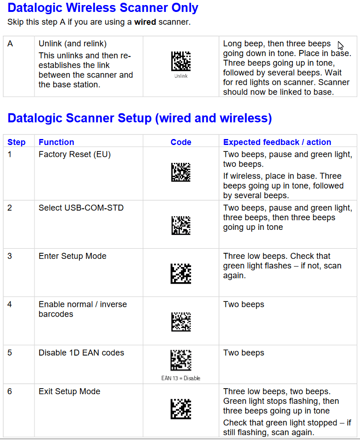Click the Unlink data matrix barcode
181,61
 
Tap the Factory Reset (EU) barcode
181,173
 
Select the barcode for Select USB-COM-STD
181,225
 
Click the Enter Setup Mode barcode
181,274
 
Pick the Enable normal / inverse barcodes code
181,322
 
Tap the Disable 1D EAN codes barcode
181,361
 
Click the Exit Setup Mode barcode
181,409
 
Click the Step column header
17,142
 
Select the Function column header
56,142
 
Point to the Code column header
181,142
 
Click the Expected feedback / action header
277,142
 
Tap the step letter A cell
10,44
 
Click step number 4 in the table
10,304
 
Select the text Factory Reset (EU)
74,155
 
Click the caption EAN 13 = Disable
181,379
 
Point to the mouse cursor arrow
340,45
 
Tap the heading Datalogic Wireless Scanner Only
103,8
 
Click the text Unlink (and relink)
73,44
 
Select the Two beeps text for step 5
243,353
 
